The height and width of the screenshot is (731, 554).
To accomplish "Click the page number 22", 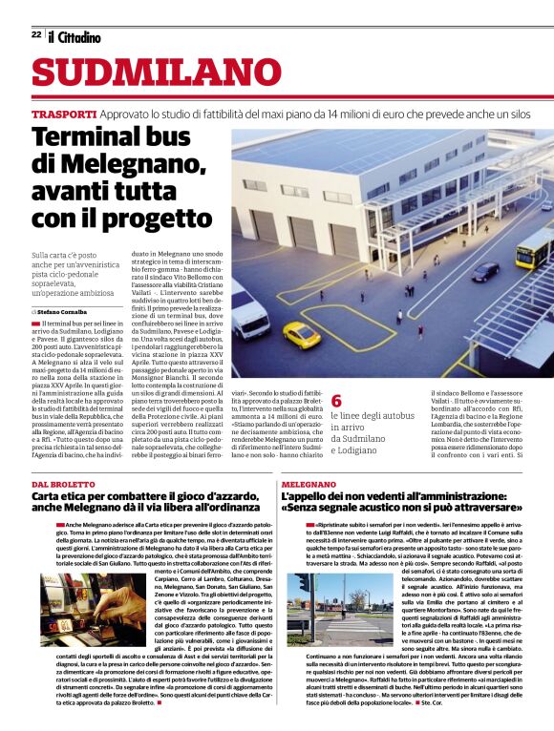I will pos(35,34).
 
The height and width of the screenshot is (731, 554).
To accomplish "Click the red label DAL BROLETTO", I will pos(64,486).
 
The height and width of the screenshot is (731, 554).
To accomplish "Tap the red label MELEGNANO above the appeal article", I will pos(309,486).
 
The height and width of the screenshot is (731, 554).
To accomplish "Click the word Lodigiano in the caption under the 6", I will pos(361,449).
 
